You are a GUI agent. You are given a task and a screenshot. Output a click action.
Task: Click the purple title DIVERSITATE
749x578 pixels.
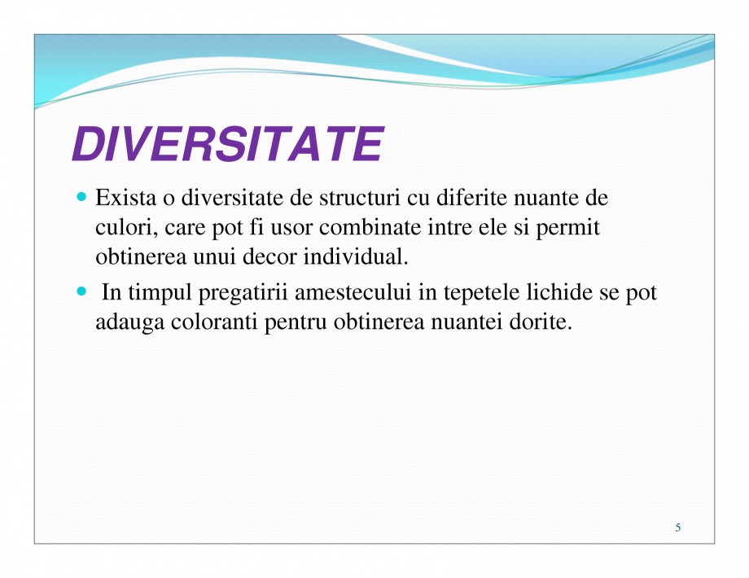[x=227, y=145]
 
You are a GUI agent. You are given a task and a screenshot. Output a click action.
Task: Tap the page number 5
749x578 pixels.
[x=678, y=528]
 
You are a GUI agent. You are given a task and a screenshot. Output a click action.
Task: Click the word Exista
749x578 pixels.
[x=122, y=199]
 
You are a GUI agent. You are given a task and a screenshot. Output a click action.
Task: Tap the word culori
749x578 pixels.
[x=120, y=229]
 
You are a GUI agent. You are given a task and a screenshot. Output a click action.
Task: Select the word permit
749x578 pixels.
[x=574, y=230]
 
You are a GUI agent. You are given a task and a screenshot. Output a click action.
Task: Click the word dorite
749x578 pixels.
[x=552, y=322]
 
